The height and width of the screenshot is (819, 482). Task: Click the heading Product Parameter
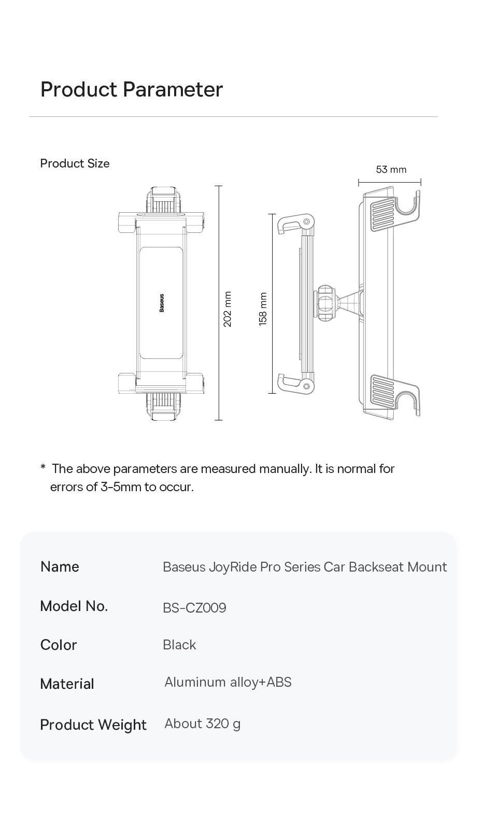tap(132, 90)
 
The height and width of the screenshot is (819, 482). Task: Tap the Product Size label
tap(75, 163)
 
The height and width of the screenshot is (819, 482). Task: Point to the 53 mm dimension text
tap(391, 170)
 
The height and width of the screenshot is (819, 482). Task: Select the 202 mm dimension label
tap(228, 309)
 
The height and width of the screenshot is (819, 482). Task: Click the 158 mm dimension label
tap(263, 309)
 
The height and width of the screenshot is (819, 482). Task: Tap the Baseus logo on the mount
tap(162, 303)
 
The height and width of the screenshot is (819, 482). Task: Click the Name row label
tap(60, 566)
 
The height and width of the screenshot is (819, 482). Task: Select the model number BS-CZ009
tap(194, 607)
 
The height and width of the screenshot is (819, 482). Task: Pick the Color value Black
tap(179, 645)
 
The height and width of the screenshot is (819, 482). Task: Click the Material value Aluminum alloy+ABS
tap(228, 682)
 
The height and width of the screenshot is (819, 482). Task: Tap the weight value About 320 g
tap(203, 724)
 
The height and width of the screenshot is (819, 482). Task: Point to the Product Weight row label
tap(93, 725)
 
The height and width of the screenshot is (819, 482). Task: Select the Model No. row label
tap(74, 606)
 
